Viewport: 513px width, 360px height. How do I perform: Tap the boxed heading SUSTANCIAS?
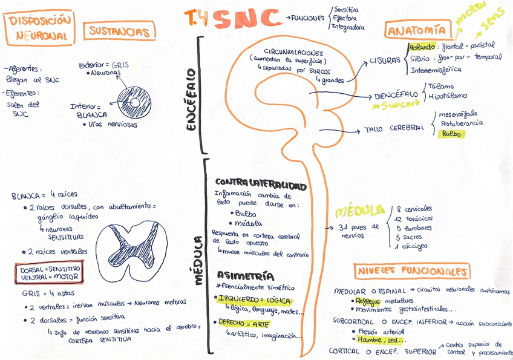(x=119, y=30)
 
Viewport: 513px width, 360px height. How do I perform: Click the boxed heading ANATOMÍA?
(x=418, y=30)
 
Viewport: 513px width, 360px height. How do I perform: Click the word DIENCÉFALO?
(x=396, y=95)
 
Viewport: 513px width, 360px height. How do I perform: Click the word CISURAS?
(x=385, y=61)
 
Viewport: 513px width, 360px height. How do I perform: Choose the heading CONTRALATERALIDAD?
(x=261, y=183)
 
